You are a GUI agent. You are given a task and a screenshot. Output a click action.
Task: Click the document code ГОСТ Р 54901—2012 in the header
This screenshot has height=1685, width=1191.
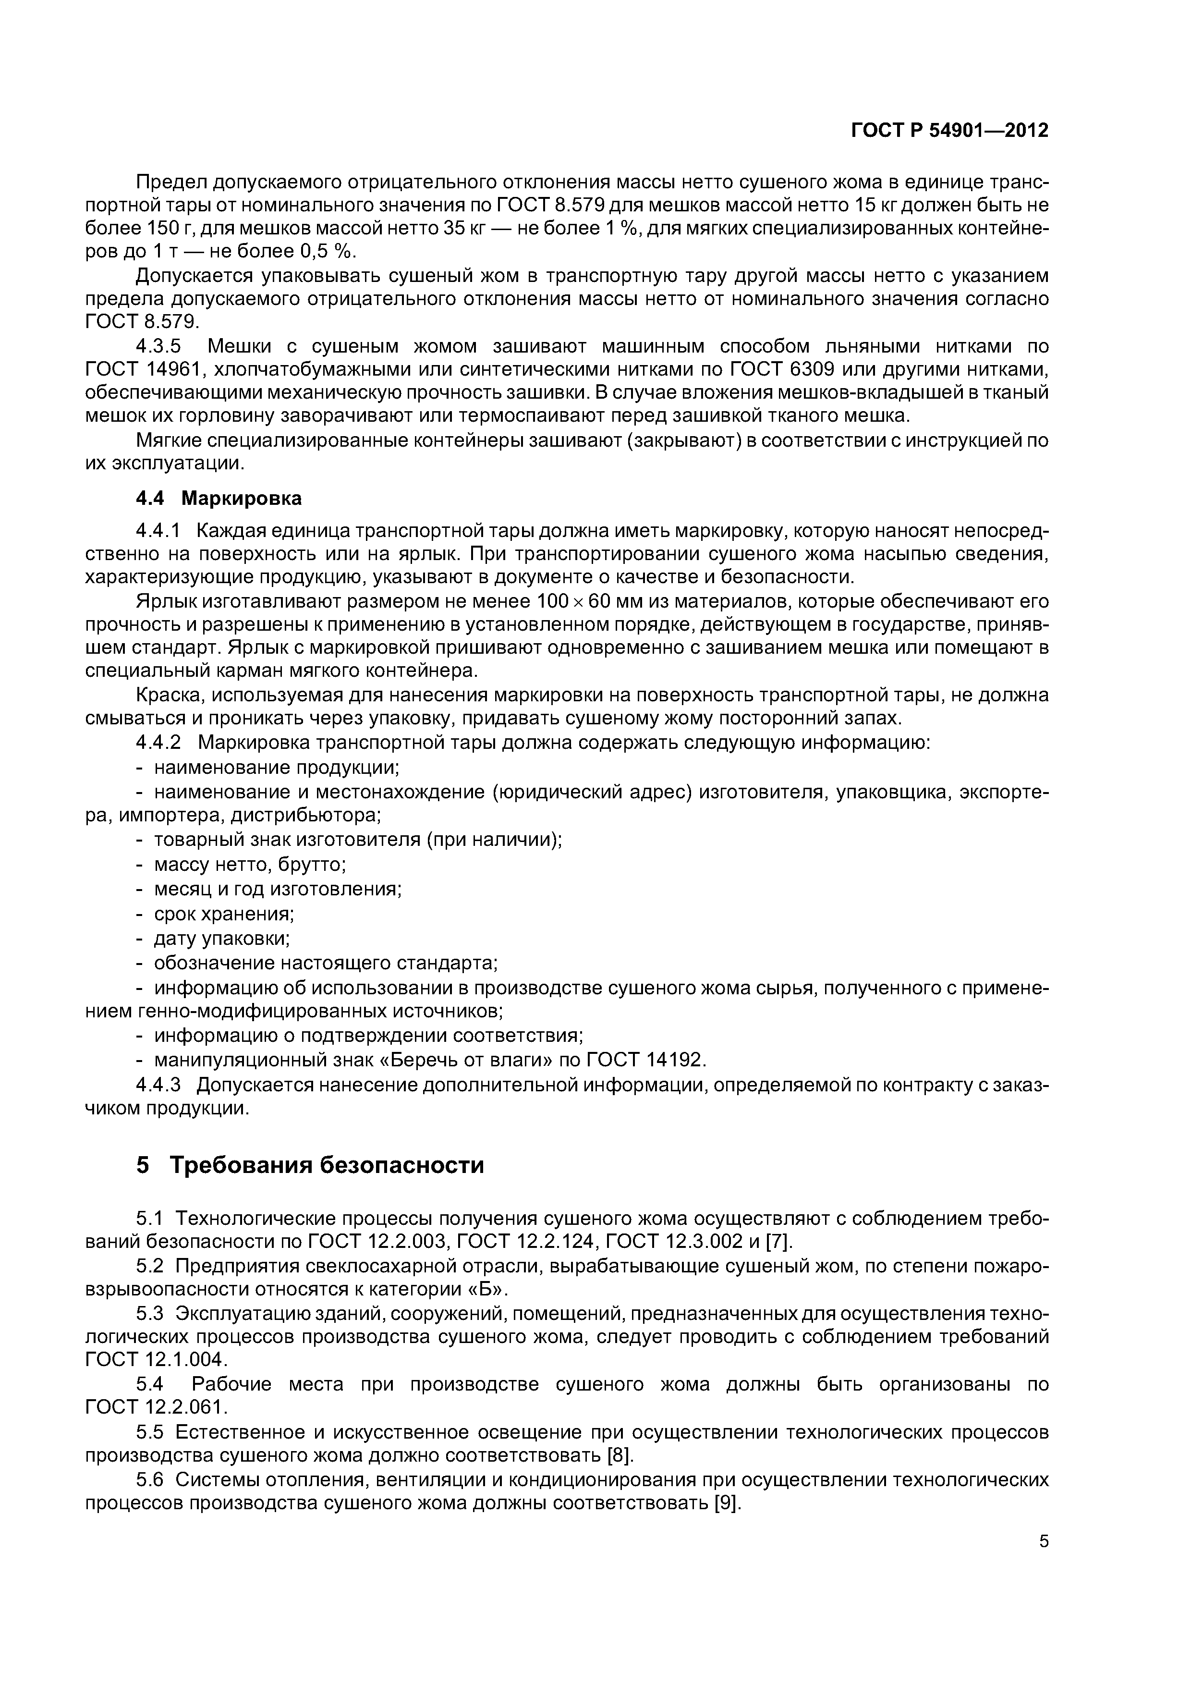click(x=949, y=131)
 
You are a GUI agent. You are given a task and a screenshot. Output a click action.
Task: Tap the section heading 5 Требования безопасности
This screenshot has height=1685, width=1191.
click(x=310, y=1165)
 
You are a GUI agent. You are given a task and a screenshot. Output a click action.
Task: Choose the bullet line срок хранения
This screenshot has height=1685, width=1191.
click(x=224, y=914)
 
